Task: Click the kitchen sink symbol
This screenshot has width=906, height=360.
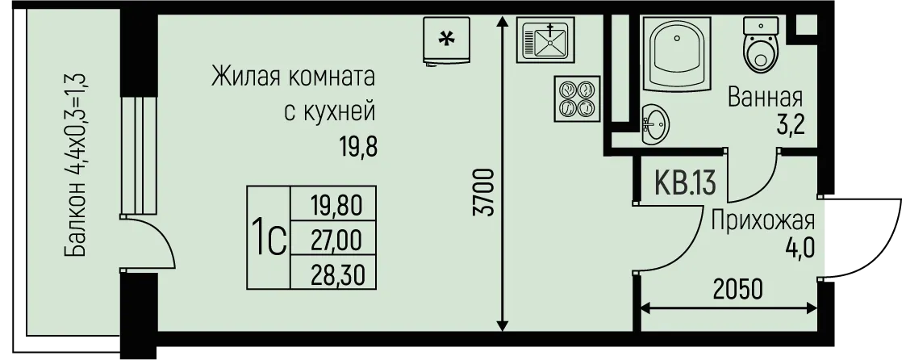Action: [x=546, y=39]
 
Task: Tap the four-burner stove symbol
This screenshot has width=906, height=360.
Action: [x=577, y=98]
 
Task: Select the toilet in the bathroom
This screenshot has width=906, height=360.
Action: [x=762, y=43]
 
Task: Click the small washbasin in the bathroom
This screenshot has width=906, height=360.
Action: [x=654, y=124]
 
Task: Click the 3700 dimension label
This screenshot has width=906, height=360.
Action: [x=484, y=192]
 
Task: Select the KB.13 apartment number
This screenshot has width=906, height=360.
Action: [x=686, y=183]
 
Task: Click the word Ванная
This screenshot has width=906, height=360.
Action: [x=766, y=97]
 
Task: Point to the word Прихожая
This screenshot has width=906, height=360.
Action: [x=762, y=220]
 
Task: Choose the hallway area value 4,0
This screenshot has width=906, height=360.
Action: [x=800, y=249]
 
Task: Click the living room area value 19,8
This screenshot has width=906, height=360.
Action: [x=358, y=149]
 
